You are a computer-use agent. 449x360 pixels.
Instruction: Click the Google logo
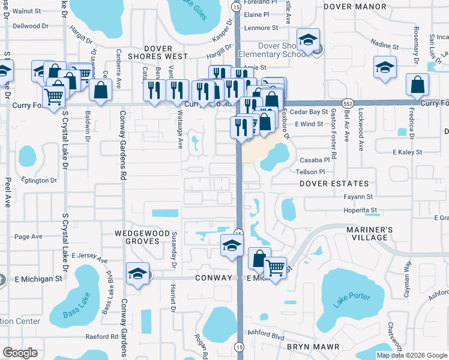[20, 353]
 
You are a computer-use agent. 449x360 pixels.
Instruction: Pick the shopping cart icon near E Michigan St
[276, 268]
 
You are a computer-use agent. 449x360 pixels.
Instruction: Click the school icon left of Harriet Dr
[137, 274]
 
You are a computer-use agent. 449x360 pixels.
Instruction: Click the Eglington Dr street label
[37, 179]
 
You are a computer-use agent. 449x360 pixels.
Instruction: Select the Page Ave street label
[28, 236]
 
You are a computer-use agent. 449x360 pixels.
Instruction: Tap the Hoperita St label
[360, 210]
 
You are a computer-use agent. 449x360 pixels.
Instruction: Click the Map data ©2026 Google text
[412, 355]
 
